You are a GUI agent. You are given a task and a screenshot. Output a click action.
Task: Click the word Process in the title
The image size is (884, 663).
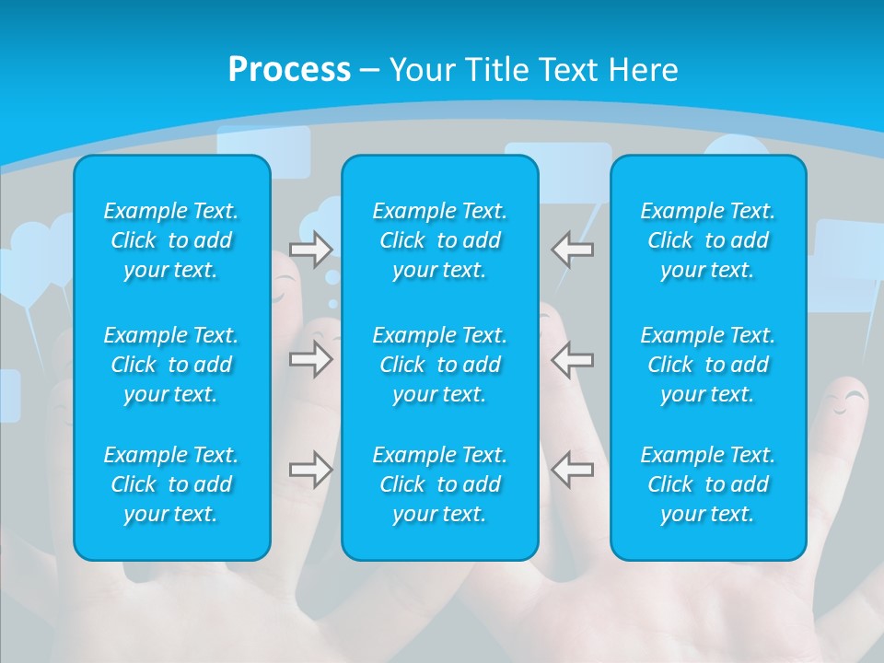coord(289,70)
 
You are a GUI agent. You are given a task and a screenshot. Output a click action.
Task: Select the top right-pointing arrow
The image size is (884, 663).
coord(310,250)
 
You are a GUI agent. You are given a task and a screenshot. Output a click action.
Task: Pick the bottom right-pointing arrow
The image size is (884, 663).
coord(310,469)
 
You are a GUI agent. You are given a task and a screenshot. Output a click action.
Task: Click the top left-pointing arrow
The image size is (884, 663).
coord(572,250)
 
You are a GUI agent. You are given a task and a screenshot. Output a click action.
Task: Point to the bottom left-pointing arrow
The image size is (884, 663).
coord(572,469)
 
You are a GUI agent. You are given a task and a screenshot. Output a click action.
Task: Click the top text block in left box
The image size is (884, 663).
coord(171,240)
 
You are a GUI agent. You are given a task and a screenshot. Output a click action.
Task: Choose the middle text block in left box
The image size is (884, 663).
coord(171,365)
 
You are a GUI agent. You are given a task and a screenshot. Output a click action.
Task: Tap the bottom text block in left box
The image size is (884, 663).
coord(171,484)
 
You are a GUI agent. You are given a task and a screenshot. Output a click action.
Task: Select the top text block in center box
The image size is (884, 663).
coord(439,240)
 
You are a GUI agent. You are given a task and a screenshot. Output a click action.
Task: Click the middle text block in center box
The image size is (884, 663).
coord(439,365)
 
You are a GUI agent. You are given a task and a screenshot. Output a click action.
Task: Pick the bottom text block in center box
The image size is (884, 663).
coord(439,484)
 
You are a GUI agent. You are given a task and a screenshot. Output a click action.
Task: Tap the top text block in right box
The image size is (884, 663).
coord(707,240)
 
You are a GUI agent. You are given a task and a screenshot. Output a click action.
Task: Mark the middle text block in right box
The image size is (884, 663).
coord(707,365)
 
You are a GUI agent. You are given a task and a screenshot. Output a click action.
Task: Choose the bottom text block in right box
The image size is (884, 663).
coord(707,484)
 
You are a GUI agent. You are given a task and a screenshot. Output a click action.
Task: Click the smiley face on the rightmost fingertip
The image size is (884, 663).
coord(844,401)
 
